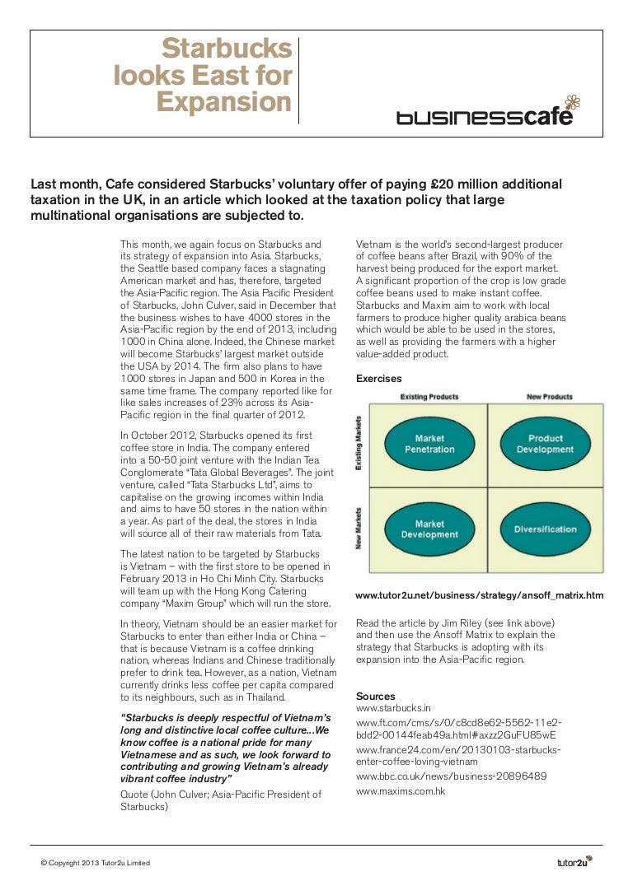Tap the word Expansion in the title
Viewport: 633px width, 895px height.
tap(223, 104)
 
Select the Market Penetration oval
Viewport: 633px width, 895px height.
tap(429, 444)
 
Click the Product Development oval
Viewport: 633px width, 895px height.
tap(545, 444)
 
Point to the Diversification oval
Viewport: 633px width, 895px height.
tap(545, 529)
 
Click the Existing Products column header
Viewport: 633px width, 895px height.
tap(430, 398)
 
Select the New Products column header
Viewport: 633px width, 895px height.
tap(549, 398)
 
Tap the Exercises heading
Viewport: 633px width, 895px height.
tap(378, 379)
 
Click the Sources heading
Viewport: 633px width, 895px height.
tap(375, 696)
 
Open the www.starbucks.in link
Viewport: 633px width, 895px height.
tap(394, 708)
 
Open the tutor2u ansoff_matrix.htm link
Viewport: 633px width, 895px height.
tap(479, 594)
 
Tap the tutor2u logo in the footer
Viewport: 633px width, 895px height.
tap(574, 862)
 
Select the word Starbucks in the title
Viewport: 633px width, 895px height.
tap(227, 49)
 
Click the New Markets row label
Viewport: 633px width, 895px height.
tap(359, 528)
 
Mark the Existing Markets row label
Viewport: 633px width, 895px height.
tap(359, 444)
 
